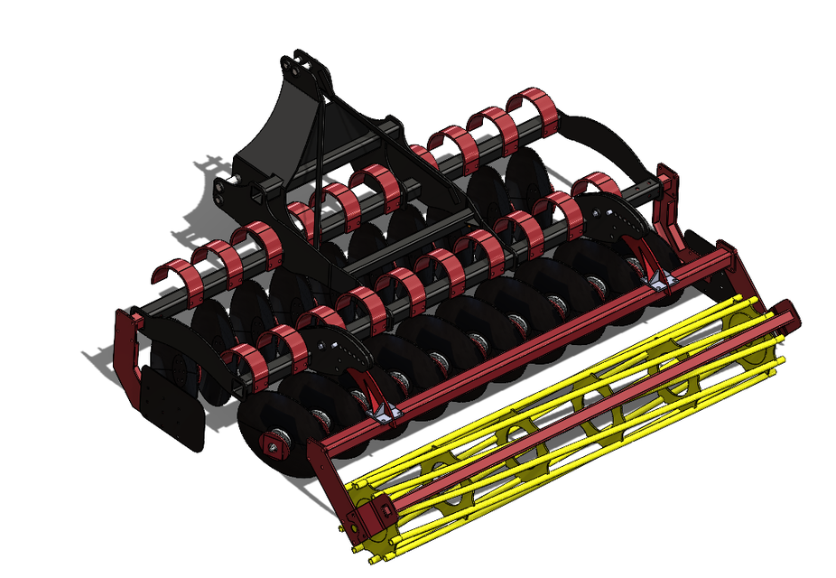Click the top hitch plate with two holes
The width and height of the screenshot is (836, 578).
coord(302,65)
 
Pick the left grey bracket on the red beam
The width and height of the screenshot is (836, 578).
coord(385,411)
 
